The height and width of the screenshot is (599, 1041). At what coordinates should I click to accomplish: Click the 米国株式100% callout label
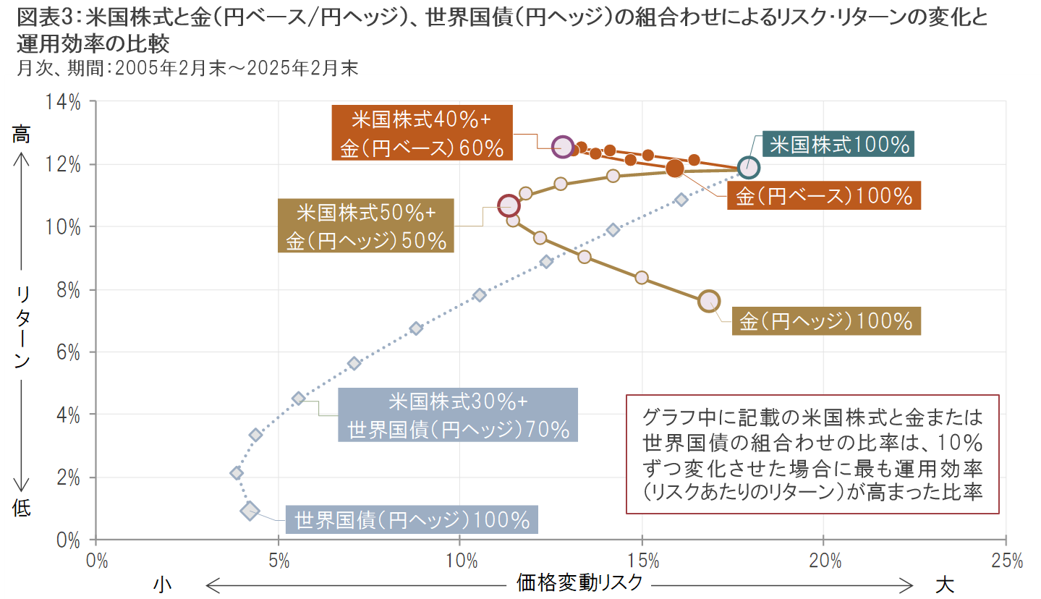(839, 145)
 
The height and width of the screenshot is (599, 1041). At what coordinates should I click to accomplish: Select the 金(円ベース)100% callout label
(824, 196)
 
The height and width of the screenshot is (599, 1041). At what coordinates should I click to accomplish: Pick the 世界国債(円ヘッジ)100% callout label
(412, 519)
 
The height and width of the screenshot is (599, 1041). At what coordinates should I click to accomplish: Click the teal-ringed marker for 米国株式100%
(749, 168)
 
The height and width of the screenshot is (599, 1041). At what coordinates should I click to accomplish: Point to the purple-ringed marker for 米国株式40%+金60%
(562, 146)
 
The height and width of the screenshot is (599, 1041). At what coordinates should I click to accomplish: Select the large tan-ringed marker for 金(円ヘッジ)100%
(709, 300)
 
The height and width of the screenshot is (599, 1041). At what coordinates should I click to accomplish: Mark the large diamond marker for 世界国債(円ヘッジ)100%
(250, 511)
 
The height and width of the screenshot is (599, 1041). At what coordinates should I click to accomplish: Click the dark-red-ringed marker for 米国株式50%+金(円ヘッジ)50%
(509, 205)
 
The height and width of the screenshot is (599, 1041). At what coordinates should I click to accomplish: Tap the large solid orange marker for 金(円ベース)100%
(675, 169)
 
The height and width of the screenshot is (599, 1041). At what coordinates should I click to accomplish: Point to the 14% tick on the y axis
(65, 102)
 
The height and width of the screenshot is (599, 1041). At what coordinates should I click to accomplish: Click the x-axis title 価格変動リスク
(579, 583)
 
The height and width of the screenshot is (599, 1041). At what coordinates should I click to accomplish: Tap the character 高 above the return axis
(21, 134)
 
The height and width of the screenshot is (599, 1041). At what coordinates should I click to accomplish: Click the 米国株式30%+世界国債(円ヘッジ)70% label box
(458, 415)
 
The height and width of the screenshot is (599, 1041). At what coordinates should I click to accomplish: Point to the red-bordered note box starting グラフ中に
(812, 454)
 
